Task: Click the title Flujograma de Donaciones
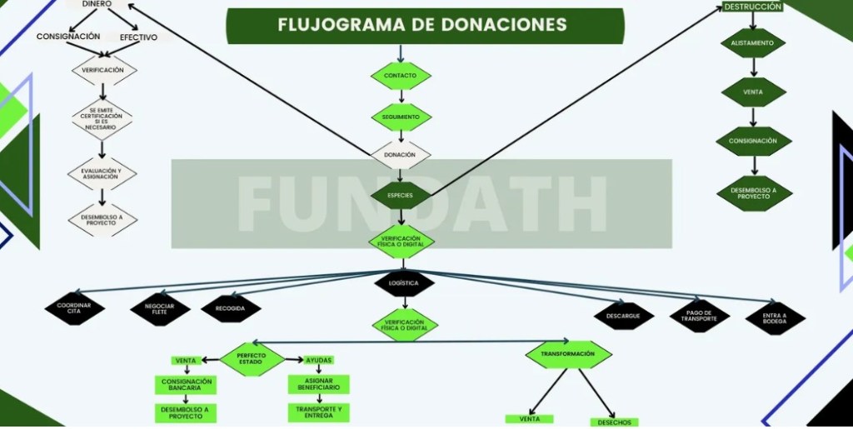(x=424, y=25)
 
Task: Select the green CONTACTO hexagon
(x=401, y=76)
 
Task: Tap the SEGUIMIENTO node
(x=401, y=117)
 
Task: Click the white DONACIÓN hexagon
(x=400, y=155)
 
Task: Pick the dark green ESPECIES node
(x=401, y=196)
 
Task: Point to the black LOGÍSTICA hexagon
(x=405, y=283)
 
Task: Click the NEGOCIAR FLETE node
(x=160, y=310)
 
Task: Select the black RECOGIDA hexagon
(x=231, y=308)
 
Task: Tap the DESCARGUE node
(x=624, y=316)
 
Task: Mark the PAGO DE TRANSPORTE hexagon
(x=699, y=316)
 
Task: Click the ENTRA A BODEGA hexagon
(x=776, y=317)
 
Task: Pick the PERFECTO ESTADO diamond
(x=252, y=359)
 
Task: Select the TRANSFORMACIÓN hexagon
(x=568, y=354)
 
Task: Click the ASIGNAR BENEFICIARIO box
(x=319, y=384)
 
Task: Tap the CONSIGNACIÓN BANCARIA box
(x=186, y=385)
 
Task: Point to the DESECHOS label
(x=614, y=422)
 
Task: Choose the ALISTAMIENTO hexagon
(x=753, y=43)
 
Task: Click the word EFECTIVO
(x=138, y=37)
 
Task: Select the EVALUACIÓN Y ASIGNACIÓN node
(x=102, y=173)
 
